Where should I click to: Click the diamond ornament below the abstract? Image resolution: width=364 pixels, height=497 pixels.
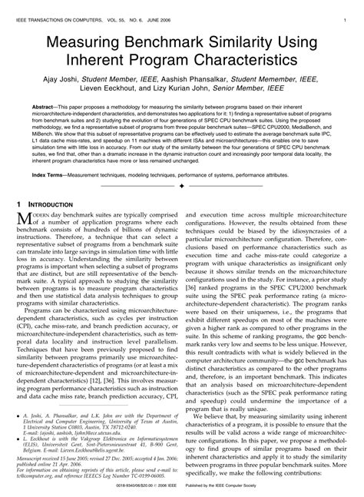[x=181, y=187]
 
